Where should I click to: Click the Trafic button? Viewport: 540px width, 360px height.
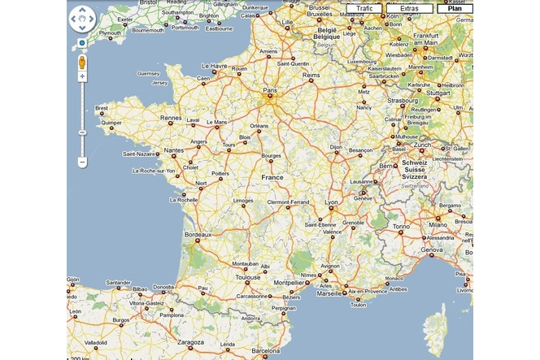(364, 8)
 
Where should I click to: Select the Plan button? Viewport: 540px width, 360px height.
(454, 8)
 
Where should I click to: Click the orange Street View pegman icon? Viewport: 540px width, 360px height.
(82, 62)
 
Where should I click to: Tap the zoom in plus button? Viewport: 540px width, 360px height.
(82, 76)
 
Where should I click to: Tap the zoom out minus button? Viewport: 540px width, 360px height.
(82, 163)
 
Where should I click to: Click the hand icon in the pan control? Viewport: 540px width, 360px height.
(82, 18)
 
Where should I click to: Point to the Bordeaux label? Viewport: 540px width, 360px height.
(198, 234)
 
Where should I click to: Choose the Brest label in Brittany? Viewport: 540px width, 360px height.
(102, 107)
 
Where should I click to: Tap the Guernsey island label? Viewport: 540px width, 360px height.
(150, 73)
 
